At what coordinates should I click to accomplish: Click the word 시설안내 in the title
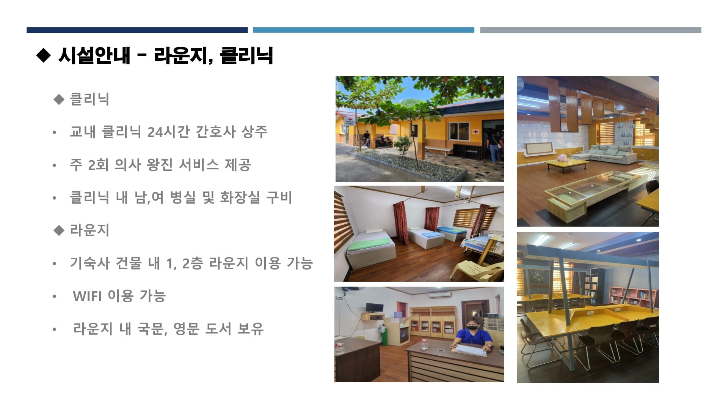pyautogui.click(x=94, y=55)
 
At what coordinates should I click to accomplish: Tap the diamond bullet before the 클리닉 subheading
pyautogui.click(x=59, y=99)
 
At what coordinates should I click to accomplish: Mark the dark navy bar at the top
pyautogui.click(x=137, y=30)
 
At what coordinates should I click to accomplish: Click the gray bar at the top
pyautogui.click(x=590, y=30)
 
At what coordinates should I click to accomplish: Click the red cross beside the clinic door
pyautogui.click(x=476, y=131)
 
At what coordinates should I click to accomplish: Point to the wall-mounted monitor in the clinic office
pyautogui.click(x=374, y=308)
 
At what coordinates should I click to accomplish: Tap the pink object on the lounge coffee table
pyautogui.click(x=562, y=159)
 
